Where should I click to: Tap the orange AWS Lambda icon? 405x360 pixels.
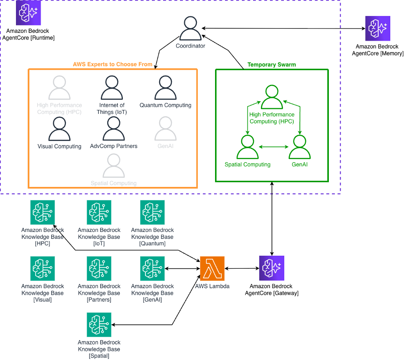212,269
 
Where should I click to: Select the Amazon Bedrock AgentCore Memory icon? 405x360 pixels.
377,29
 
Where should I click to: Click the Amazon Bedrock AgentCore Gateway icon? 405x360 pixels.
271,269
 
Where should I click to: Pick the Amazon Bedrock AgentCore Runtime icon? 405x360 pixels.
28,13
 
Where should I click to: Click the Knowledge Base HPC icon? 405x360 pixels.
43,212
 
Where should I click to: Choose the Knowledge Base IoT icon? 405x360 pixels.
99,212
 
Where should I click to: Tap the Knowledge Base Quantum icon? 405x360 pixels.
152,212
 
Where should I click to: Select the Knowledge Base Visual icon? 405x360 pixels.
43,269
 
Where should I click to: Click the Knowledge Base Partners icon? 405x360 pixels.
99,269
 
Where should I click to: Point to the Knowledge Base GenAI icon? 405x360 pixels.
152,269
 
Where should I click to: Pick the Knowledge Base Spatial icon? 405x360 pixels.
99,325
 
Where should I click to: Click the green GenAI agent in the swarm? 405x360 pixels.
299,147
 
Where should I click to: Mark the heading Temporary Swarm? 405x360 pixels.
272,64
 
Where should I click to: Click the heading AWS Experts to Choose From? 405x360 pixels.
112,64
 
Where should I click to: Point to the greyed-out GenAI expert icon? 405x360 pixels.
165,129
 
